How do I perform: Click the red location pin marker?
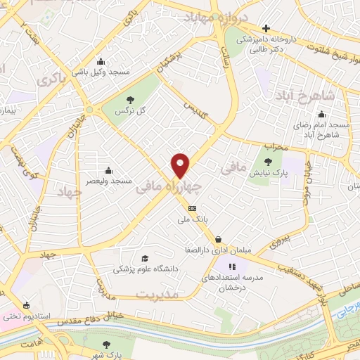181,165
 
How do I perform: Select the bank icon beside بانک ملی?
192,208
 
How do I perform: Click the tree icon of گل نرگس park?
131,100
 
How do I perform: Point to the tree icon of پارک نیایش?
269,161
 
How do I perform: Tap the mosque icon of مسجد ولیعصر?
108,169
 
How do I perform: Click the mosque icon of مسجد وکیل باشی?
103,60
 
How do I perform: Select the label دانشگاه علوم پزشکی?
146,269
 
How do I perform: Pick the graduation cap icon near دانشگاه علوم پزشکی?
145,258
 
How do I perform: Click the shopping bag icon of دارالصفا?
219,239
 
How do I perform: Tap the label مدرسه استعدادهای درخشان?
231,278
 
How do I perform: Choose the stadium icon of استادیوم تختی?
26,305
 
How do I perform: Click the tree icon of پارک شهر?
106,345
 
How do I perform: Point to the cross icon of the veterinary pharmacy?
266,27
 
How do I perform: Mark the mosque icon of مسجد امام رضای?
321,115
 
